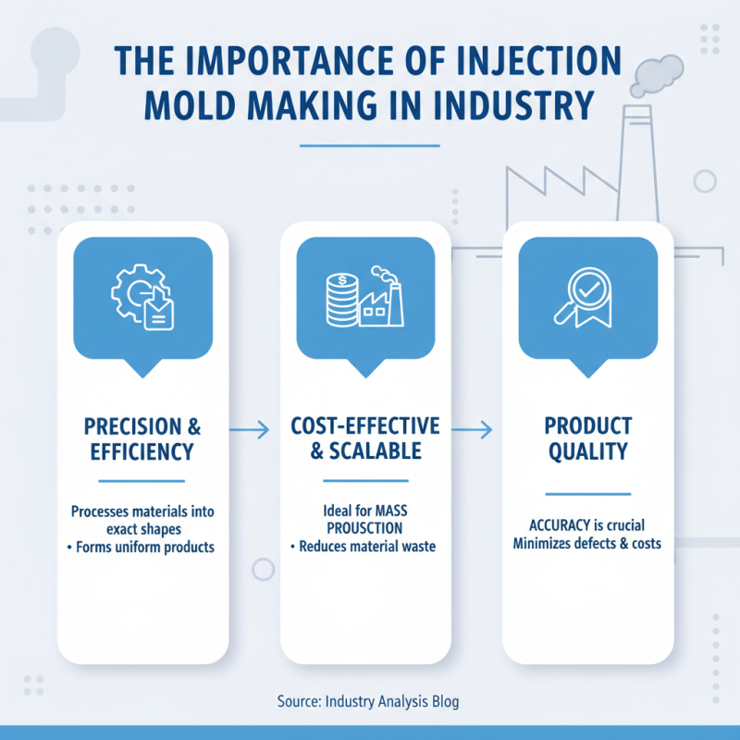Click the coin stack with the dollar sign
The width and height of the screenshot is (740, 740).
click(341, 298)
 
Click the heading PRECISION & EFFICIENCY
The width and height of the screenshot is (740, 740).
click(142, 439)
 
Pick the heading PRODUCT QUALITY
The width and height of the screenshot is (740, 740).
click(587, 439)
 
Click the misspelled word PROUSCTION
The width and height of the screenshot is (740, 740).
click(364, 528)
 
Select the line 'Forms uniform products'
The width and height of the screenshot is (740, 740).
click(146, 547)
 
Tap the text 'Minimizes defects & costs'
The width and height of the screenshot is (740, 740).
click(587, 543)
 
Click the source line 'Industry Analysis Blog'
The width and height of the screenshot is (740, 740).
click(392, 701)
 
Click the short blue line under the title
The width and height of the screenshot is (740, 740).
click(369, 146)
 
